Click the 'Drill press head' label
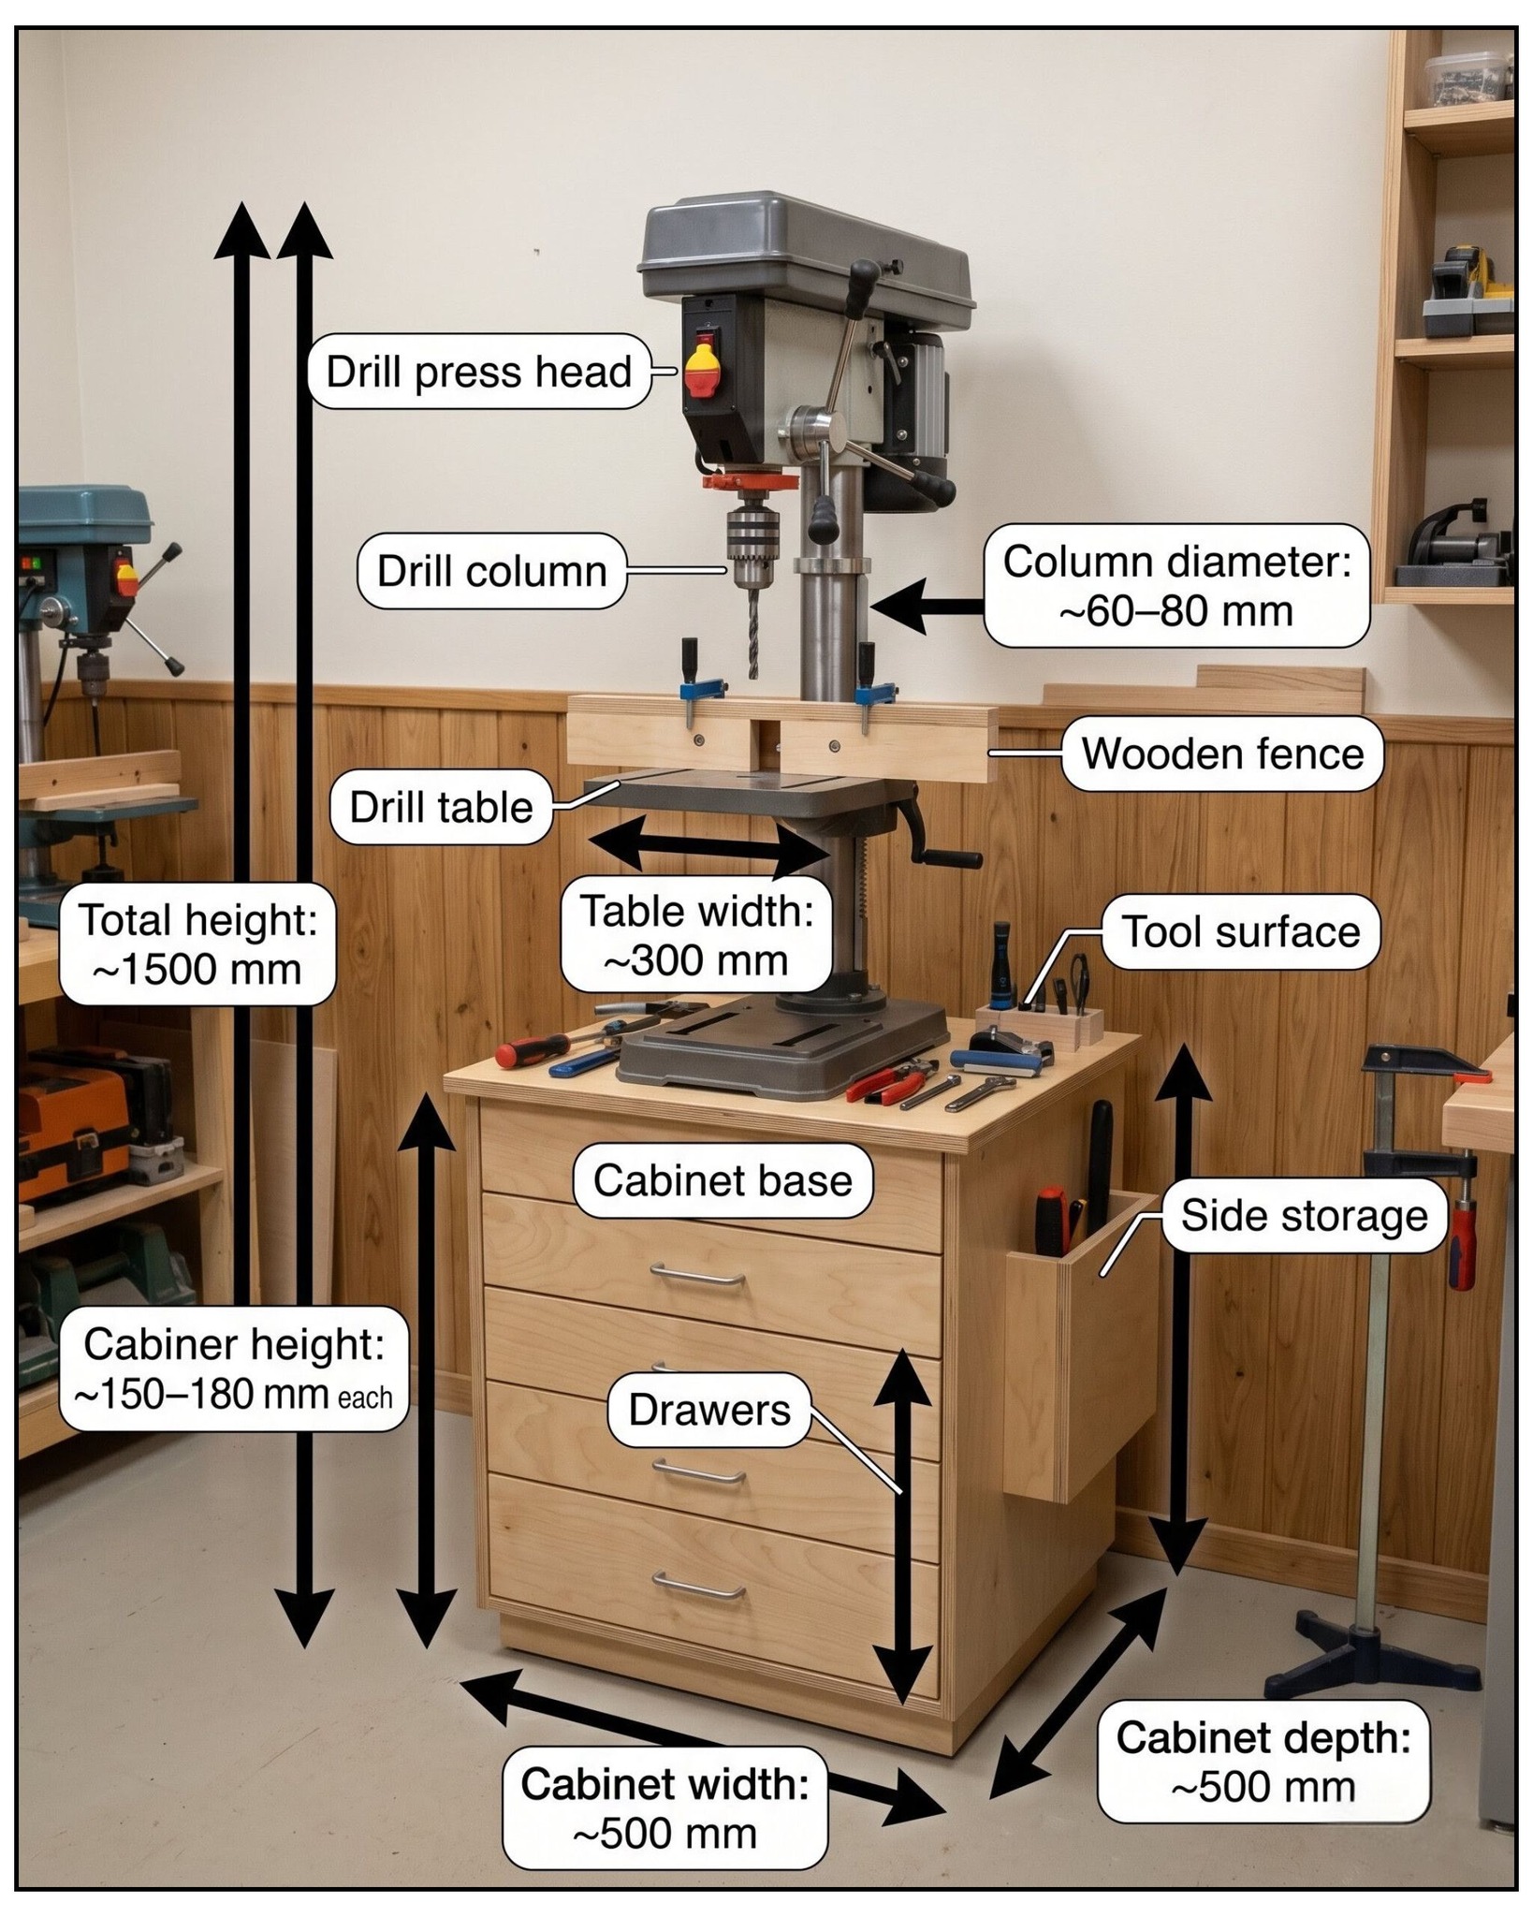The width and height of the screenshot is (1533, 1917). pos(478,372)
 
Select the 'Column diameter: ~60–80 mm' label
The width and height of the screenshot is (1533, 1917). pos(1176,586)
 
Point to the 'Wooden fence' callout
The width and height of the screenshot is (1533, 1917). pos(1222,754)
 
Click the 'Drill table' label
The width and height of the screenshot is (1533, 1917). pos(441,807)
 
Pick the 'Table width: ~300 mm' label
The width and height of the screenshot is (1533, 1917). pos(696,935)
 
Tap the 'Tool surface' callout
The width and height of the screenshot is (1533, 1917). pos(1241,931)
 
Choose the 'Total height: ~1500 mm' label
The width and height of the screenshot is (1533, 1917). pos(197,944)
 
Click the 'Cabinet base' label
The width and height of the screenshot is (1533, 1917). pos(723,1180)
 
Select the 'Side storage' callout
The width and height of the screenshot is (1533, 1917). pos(1304,1216)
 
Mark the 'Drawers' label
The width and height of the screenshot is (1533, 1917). pos(709,1410)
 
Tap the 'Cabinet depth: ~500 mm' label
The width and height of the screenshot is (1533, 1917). pos(1263,1762)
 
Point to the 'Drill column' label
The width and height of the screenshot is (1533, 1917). pos(491,571)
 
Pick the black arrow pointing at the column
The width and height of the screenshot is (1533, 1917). pos(927,606)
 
